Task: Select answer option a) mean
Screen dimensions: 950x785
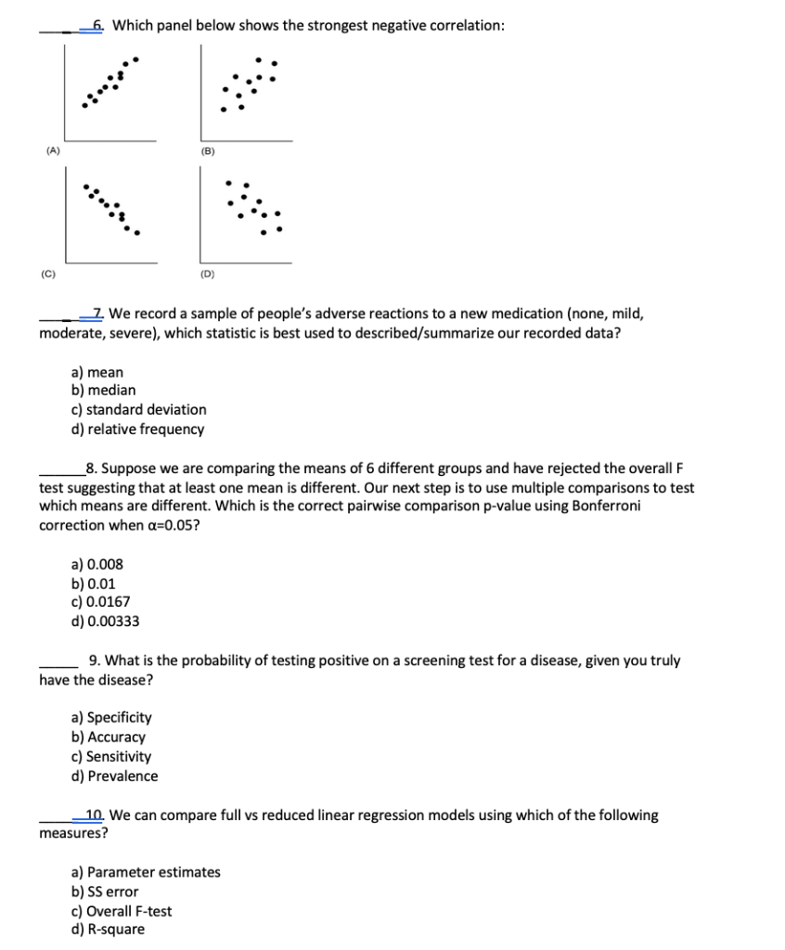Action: pos(97,371)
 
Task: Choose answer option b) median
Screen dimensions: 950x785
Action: pos(104,391)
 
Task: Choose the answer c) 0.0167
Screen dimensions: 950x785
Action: pos(101,602)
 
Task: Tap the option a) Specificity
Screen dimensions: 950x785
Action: pos(111,717)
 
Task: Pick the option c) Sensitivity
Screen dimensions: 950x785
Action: pos(111,756)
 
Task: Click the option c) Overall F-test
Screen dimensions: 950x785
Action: pos(122,911)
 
